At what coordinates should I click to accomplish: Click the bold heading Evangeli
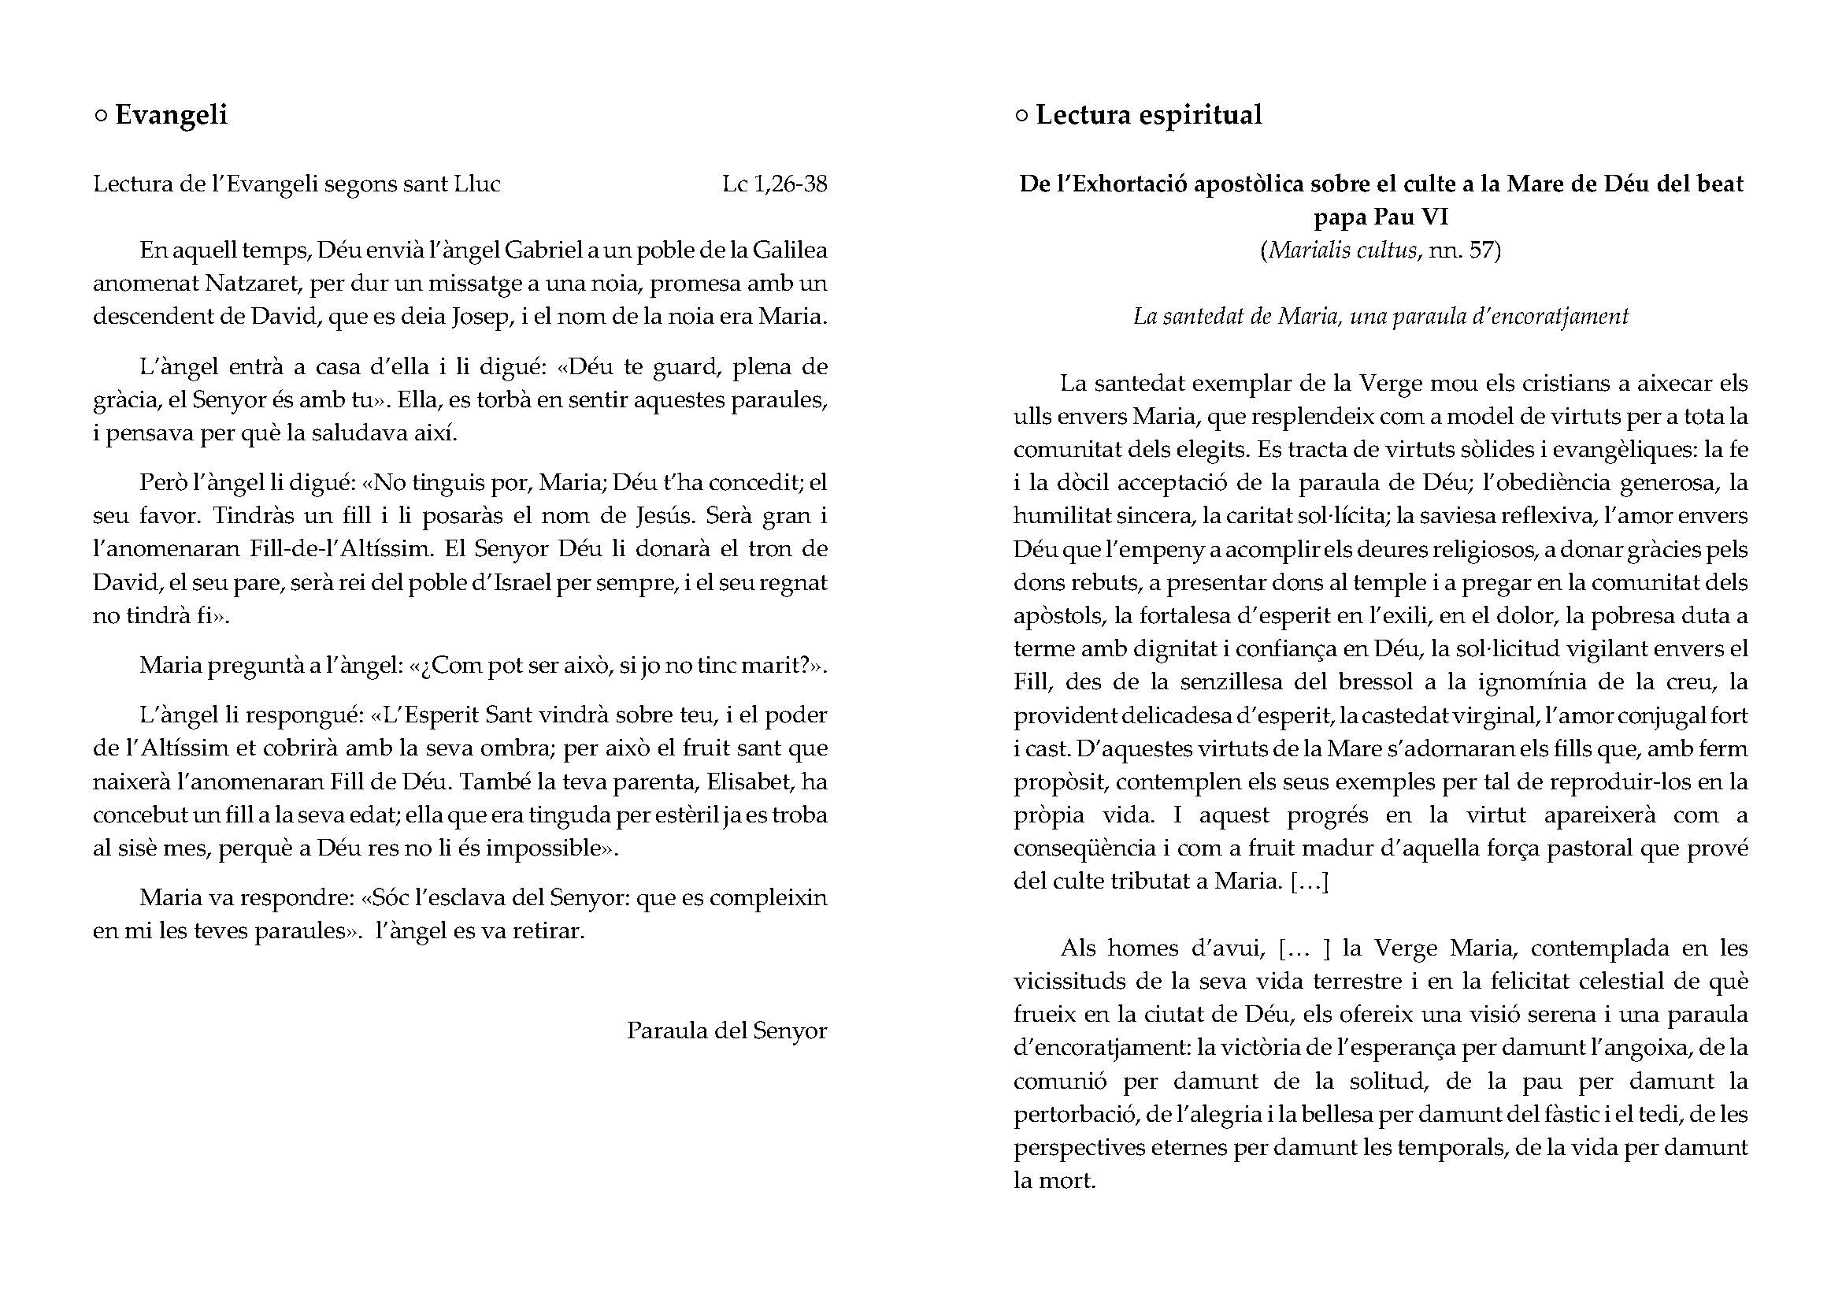(x=171, y=115)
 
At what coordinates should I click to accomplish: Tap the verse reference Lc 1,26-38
(x=774, y=184)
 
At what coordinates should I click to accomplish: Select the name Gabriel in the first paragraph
(x=543, y=251)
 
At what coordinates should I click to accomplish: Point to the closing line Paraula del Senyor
(x=726, y=1030)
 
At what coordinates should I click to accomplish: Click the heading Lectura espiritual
(x=1148, y=115)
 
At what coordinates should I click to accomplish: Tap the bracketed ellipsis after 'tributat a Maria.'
(x=1309, y=882)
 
